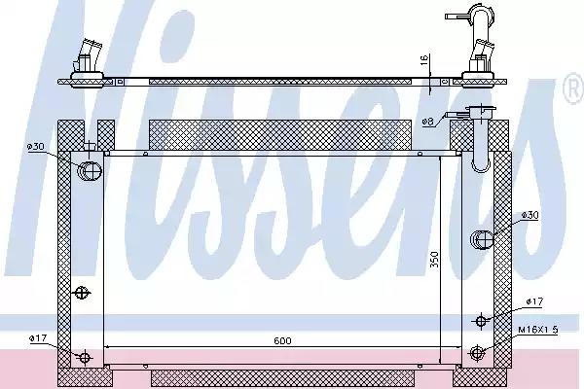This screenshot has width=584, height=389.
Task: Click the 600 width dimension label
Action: pos(282,340)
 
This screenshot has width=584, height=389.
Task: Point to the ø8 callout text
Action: pos(428,121)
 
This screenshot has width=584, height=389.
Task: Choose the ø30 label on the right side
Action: pos(530,215)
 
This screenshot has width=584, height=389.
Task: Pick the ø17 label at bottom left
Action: pos(37,337)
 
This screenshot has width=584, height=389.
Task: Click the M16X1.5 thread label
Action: pos(537,330)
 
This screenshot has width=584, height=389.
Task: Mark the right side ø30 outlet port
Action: pos(482,238)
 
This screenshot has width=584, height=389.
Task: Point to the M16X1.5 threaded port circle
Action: pos(477,353)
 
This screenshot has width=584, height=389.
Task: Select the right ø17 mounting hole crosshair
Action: pos(480,320)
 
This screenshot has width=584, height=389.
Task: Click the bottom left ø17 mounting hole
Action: pos(85,357)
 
